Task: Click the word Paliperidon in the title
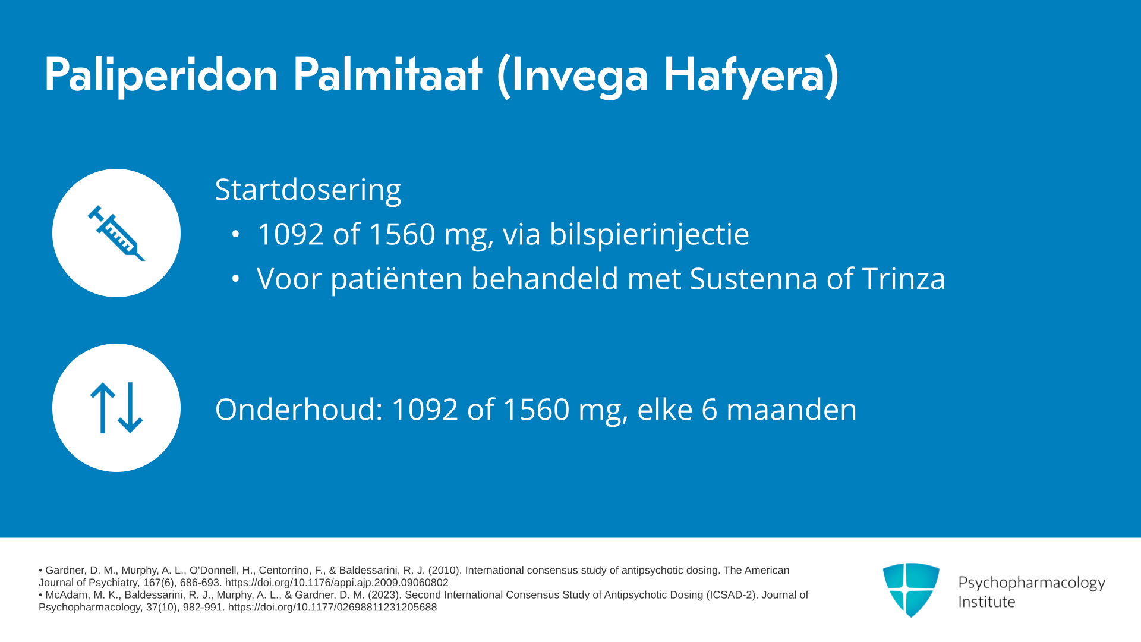[x=161, y=75]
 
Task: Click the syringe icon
[x=116, y=233]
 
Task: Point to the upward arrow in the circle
[x=102, y=408]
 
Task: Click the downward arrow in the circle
[x=130, y=408]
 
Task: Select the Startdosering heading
[x=308, y=190]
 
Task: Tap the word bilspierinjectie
[x=649, y=234]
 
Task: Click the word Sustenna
[x=754, y=279]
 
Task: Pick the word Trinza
[x=903, y=279]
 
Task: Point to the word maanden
[x=792, y=410]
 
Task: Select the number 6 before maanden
[x=710, y=410]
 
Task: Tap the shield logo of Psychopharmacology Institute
[x=911, y=590]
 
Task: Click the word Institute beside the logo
[x=986, y=602]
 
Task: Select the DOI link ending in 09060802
[x=337, y=583]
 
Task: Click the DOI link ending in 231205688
[x=332, y=608]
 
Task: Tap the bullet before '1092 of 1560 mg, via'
[x=235, y=234]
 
